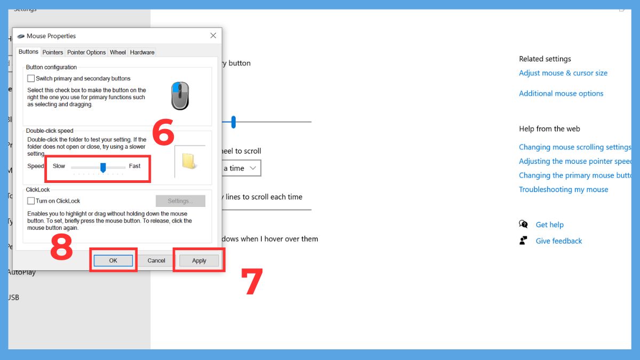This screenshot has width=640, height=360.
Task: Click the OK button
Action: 113,260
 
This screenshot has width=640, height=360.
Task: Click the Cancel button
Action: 156,260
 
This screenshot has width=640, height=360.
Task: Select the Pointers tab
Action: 53,52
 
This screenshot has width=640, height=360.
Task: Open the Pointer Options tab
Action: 86,52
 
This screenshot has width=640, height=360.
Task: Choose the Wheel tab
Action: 118,52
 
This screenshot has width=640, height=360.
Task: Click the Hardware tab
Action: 142,52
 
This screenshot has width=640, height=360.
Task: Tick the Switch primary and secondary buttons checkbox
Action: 31,78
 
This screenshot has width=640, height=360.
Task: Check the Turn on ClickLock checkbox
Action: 31,201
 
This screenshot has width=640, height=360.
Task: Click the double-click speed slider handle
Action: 103,167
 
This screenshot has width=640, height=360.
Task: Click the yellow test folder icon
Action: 189,161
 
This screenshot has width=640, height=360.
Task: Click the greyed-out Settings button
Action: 180,201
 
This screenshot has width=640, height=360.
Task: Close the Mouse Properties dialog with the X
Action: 213,36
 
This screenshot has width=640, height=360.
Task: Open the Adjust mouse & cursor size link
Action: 563,73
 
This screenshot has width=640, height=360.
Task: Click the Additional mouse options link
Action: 561,93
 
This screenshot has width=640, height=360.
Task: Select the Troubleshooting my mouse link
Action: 563,189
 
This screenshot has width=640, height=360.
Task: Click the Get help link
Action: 549,225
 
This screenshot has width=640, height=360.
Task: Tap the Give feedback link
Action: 558,241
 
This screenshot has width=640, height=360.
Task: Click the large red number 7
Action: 252,282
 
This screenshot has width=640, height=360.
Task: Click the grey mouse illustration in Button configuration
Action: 180,95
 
